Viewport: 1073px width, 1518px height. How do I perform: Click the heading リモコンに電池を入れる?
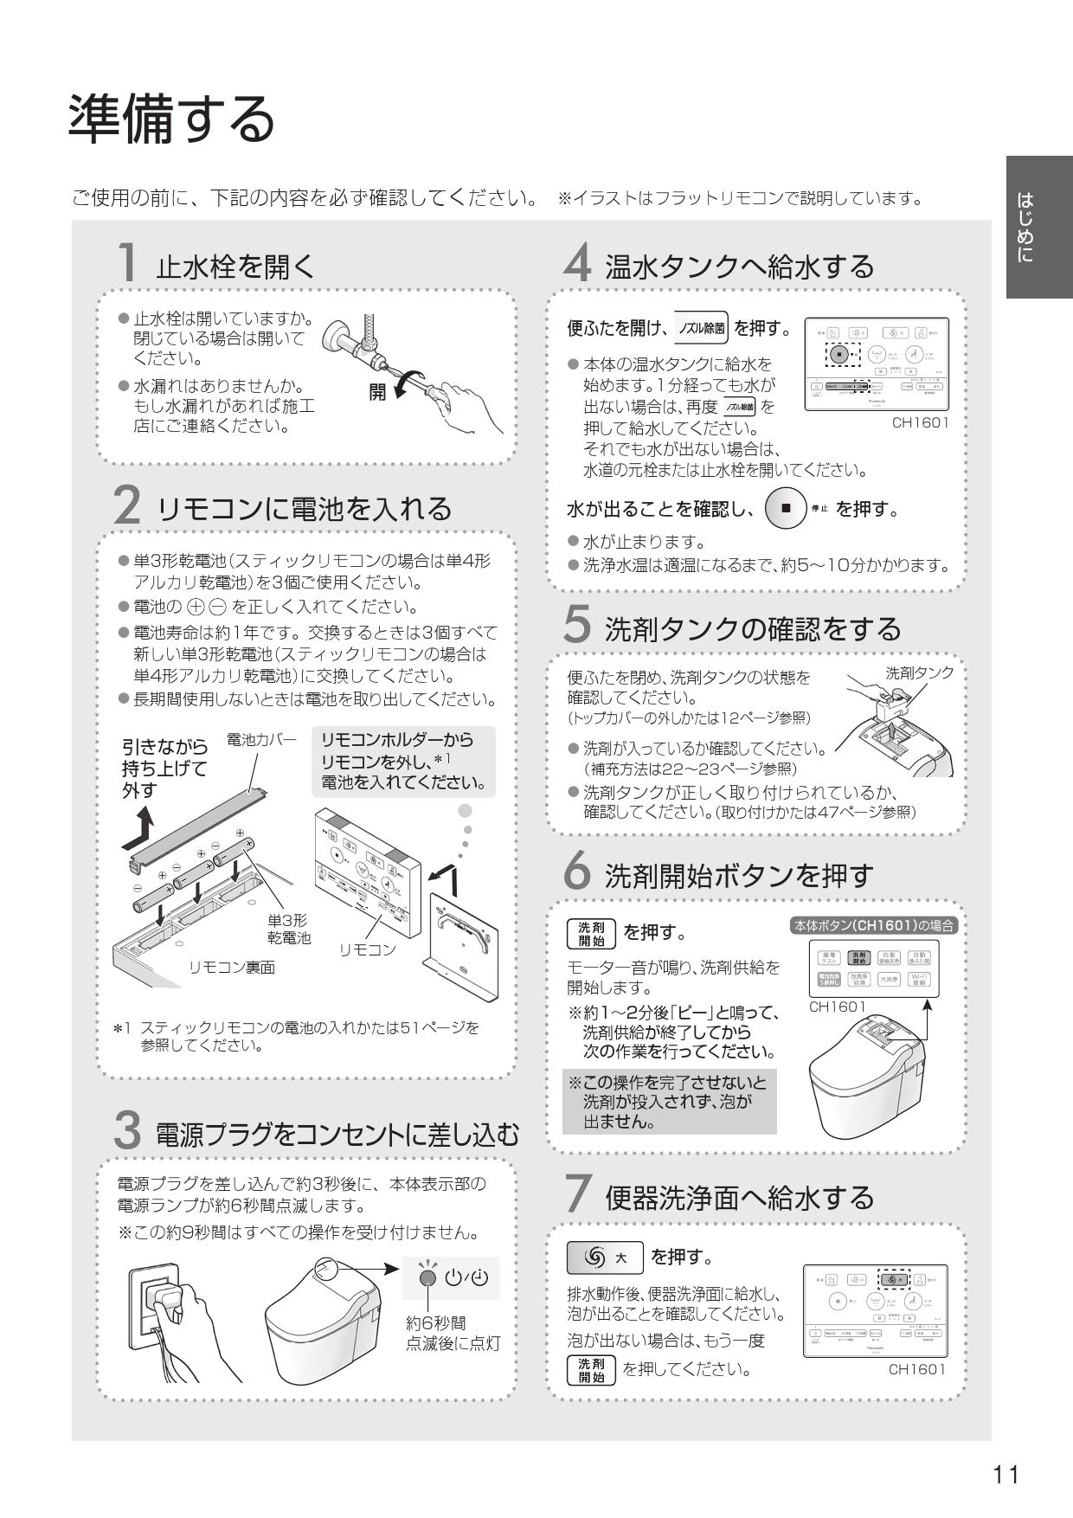click(x=305, y=508)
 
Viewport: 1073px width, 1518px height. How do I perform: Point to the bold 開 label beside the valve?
click(x=378, y=392)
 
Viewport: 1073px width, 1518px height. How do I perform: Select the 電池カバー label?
click(x=260, y=739)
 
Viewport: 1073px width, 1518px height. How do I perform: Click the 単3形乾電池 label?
click(x=288, y=929)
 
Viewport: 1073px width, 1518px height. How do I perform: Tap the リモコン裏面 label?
click(x=232, y=968)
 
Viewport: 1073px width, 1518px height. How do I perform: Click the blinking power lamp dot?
click(x=427, y=1278)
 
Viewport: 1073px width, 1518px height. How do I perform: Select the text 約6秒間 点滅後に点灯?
click(x=453, y=1333)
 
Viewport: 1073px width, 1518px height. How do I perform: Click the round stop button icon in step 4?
click(x=786, y=508)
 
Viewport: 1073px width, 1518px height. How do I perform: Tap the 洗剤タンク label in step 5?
click(x=919, y=672)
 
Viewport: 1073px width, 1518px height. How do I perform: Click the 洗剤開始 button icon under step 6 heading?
click(x=592, y=933)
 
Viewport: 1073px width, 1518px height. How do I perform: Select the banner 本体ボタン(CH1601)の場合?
click(x=874, y=925)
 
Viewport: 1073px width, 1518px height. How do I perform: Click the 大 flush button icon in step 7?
click(x=605, y=1257)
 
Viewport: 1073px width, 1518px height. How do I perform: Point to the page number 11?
click(x=1006, y=1474)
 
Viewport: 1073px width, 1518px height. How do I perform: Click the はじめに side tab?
click(x=1038, y=227)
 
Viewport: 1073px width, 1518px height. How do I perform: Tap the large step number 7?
click(x=578, y=1194)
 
